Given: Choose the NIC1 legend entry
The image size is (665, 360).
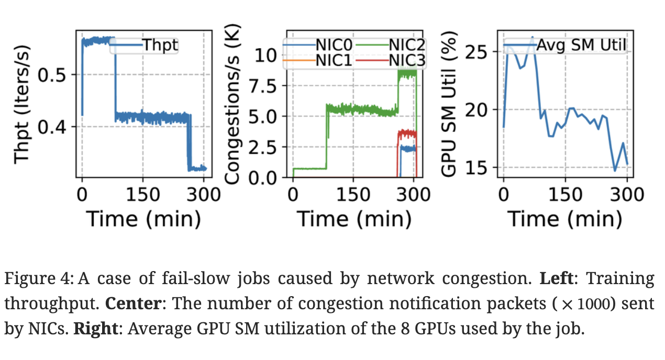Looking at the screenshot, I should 331,61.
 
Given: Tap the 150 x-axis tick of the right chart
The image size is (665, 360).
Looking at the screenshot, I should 566,195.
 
